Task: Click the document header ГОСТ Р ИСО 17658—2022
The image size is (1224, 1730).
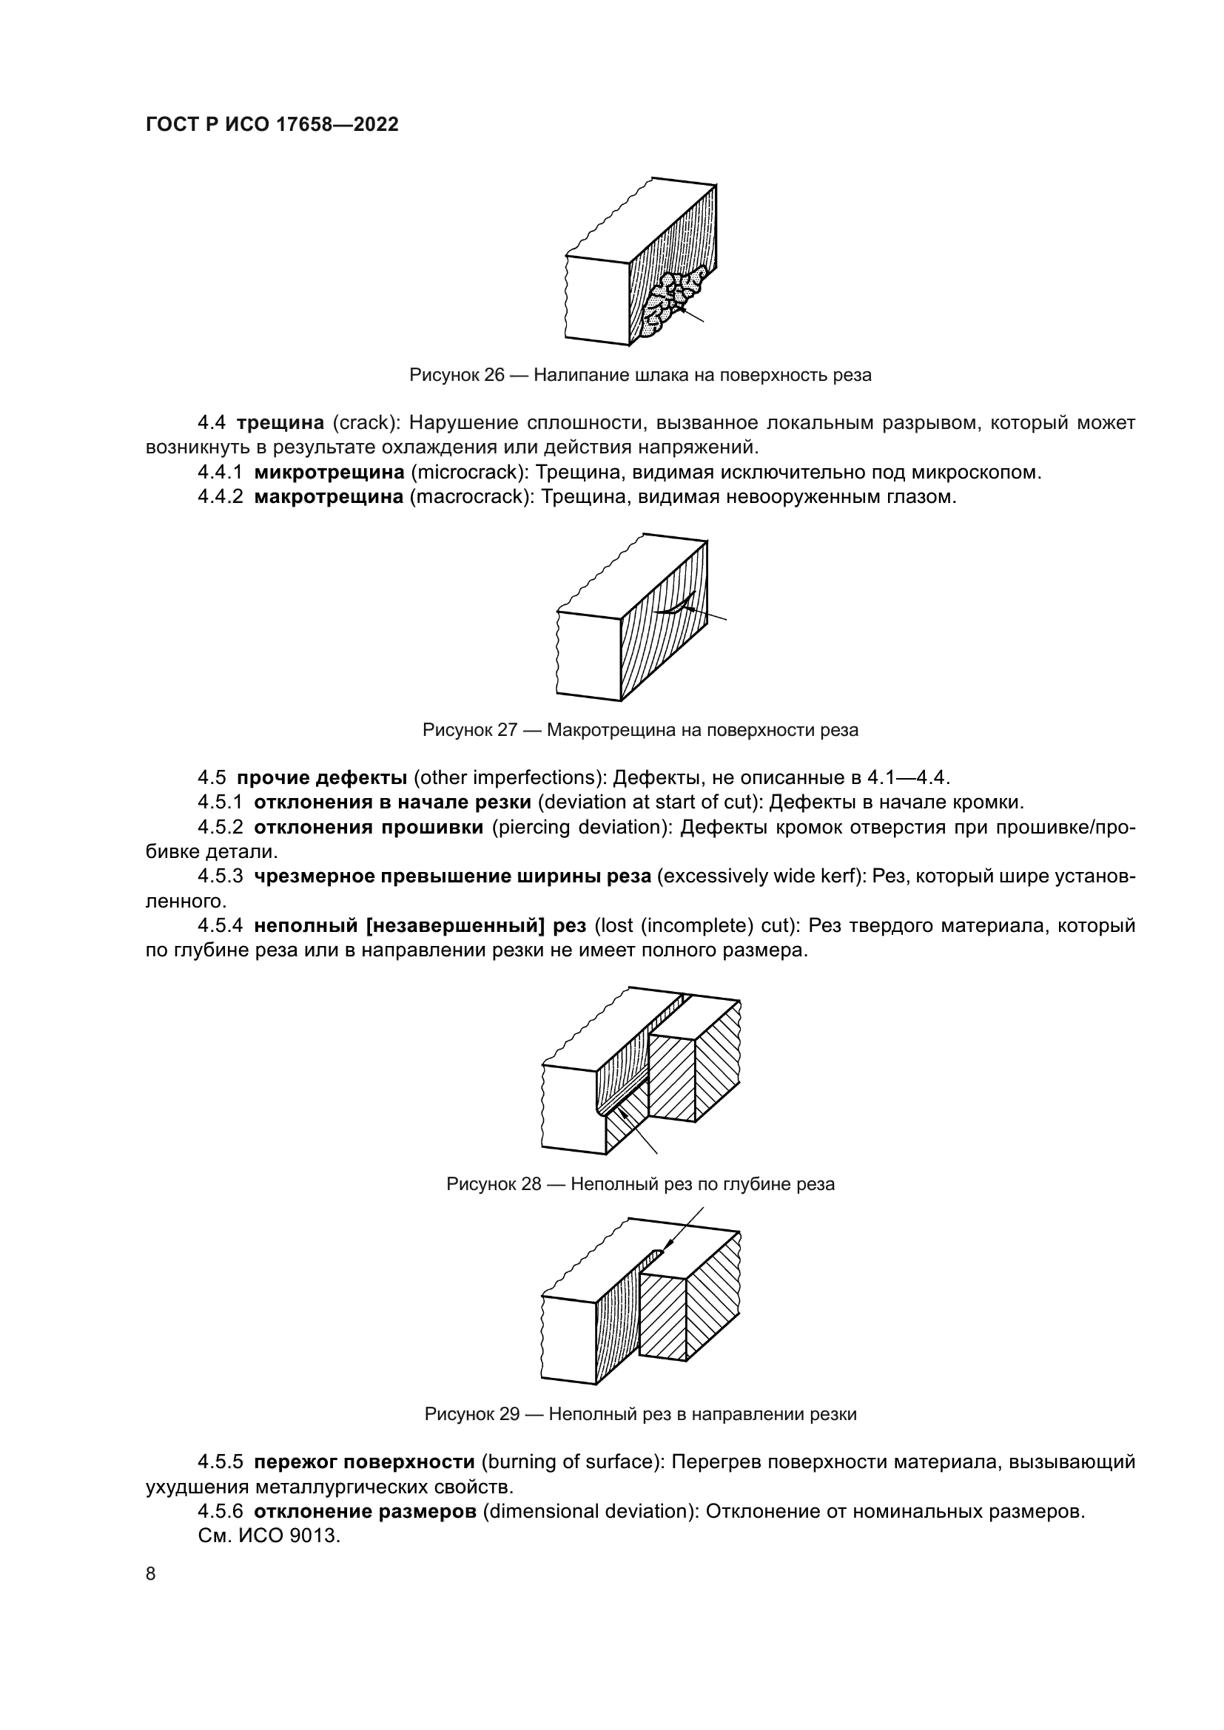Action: coord(272,124)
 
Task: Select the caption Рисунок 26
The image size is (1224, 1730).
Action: coord(640,375)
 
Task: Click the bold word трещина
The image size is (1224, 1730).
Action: coord(280,423)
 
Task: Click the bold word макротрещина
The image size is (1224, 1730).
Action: coord(329,497)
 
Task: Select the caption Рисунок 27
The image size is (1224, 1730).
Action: coord(640,729)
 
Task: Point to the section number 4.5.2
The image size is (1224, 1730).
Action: coord(220,828)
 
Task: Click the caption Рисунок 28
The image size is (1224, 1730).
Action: coord(640,1183)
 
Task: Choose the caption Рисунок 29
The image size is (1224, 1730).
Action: coord(640,1413)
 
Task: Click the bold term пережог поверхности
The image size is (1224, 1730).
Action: coord(363,1462)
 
